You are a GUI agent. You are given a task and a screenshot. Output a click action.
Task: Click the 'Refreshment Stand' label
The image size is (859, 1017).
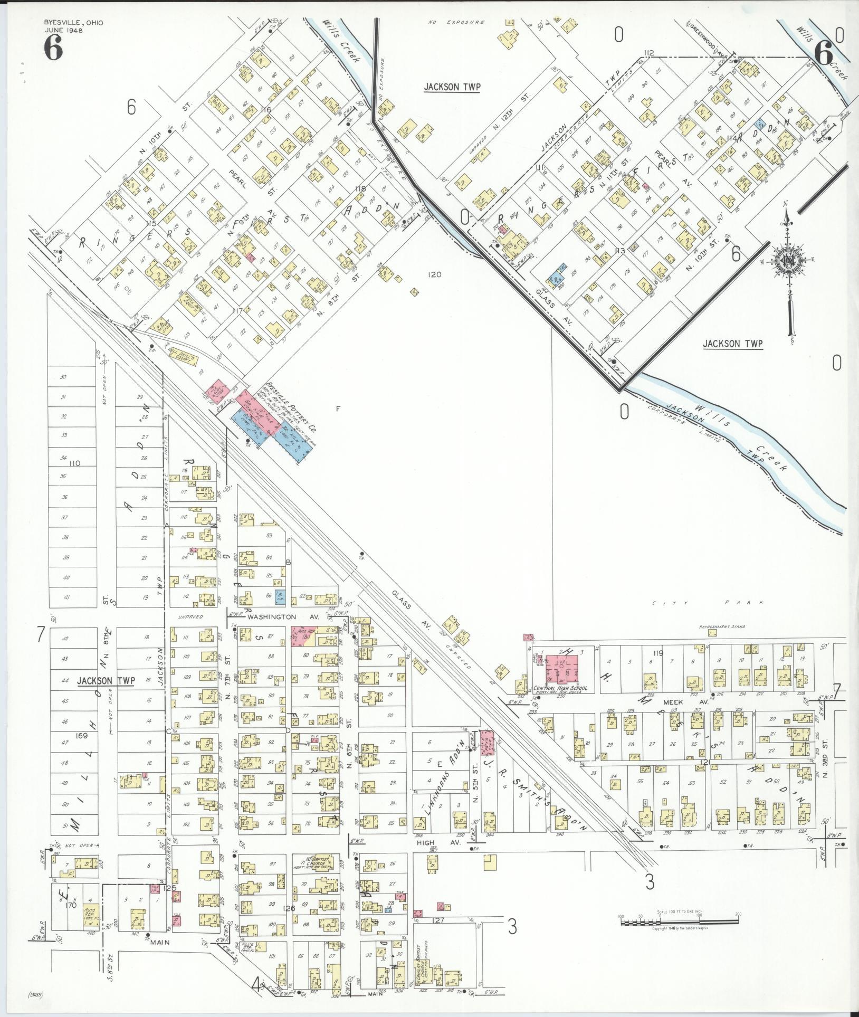(722, 626)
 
